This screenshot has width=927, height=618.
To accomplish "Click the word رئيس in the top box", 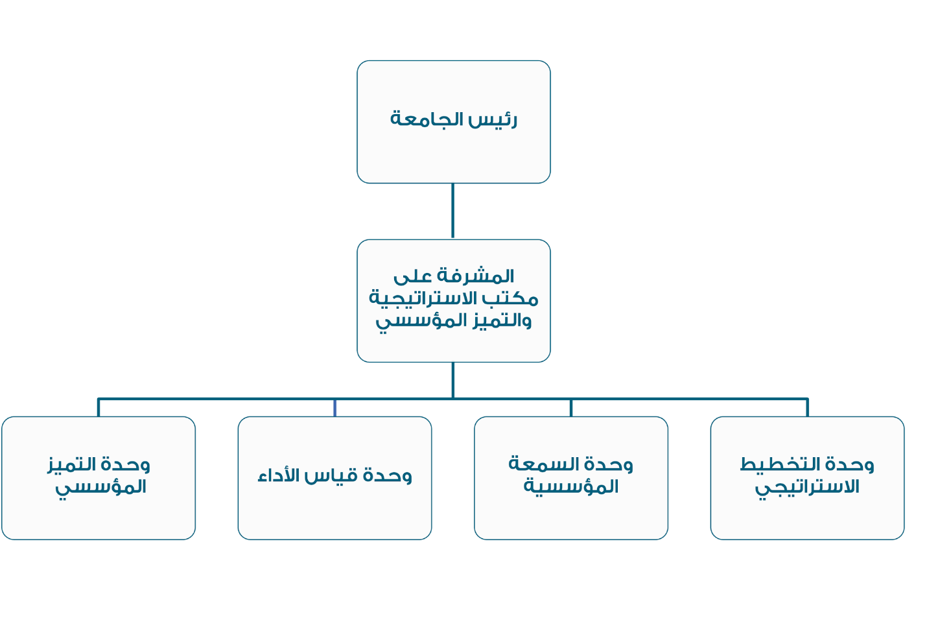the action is point(493,119).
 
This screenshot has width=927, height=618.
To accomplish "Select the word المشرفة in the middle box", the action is point(476,276).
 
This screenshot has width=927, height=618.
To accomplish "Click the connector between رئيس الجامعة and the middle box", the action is point(452,211).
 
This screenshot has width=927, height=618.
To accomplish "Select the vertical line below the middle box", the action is point(453,381).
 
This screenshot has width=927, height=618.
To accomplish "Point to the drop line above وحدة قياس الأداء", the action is point(334,408).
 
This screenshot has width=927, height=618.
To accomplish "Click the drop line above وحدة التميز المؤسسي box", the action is point(99,408).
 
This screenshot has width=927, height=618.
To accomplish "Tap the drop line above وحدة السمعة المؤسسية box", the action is point(571,408).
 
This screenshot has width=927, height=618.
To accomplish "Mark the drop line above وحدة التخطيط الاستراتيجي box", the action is point(808,408).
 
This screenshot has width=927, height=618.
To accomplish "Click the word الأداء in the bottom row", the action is point(279,475).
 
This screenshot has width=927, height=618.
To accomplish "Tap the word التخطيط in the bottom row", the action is point(775,464).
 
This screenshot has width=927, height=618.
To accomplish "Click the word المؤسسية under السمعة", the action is point(571,486).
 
